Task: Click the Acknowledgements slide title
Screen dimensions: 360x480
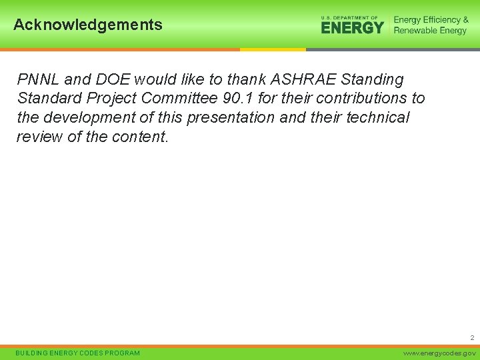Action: [88, 25]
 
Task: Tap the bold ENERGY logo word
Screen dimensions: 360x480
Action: [352, 27]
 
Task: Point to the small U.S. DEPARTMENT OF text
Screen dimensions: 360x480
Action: [349, 17]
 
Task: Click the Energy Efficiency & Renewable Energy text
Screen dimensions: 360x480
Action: [431, 25]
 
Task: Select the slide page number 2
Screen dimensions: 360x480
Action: [471, 338]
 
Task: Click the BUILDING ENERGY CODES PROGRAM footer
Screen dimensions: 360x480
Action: [78, 353]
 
